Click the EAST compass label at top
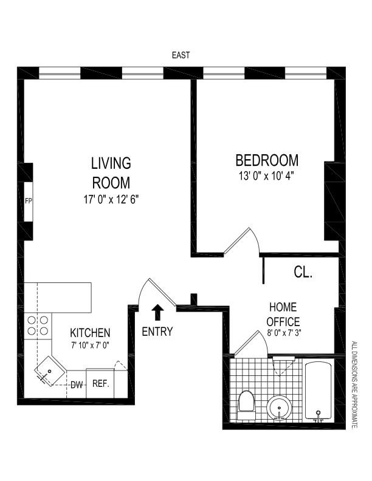point(181,55)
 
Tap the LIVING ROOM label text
point(111,173)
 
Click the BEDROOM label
point(267,160)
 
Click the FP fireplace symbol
point(28,201)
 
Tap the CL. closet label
point(303,273)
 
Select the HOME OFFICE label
point(284,314)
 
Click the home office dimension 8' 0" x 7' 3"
point(284,333)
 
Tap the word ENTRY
point(157,332)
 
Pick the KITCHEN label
point(90,333)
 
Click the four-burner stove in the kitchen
point(38,326)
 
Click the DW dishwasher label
point(77,384)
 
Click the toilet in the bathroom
point(246,402)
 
